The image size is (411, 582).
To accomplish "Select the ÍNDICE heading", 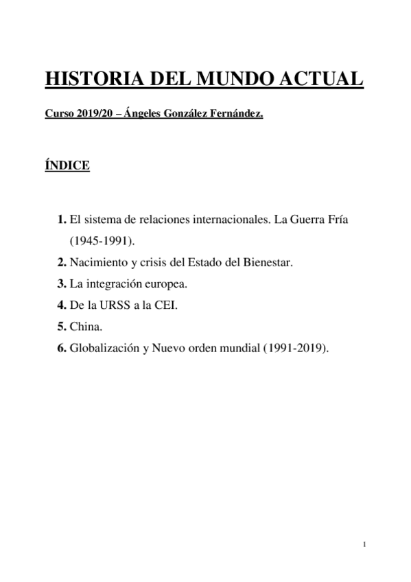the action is click(x=67, y=165).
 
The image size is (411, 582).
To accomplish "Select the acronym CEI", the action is click(x=167, y=305).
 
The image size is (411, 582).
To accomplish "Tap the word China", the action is click(x=85, y=326).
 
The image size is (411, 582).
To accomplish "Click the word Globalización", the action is click(x=107, y=347).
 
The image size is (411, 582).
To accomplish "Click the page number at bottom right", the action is click(x=365, y=544).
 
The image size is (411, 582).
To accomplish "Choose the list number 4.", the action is click(x=61, y=305).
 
